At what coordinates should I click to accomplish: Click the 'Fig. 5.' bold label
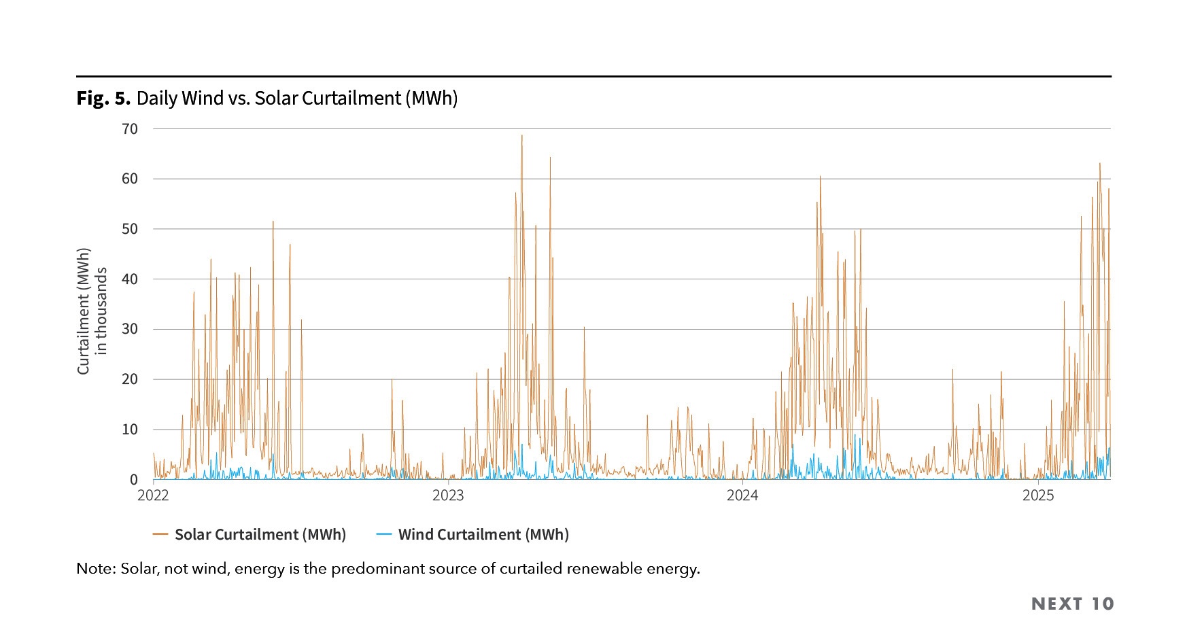(103, 99)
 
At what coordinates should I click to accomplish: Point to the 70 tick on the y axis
(129, 128)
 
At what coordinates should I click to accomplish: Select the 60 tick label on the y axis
(129, 179)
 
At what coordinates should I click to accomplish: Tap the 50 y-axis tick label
(129, 229)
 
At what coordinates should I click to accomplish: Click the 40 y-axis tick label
(129, 279)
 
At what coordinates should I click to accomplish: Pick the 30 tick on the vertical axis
(129, 329)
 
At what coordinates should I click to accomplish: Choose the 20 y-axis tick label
(129, 379)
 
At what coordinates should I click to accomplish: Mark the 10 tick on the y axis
(129, 430)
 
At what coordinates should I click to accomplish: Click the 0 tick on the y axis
(134, 480)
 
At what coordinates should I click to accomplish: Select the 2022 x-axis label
(153, 496)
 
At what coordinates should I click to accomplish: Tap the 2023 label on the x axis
(448, 496)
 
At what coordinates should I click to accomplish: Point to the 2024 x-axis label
(742, 496)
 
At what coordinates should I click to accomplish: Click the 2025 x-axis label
(1038, 496)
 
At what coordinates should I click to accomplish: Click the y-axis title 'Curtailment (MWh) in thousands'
(92, 311)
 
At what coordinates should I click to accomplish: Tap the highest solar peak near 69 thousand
(522, 136)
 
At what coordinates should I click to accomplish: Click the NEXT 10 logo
(1073, 604)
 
